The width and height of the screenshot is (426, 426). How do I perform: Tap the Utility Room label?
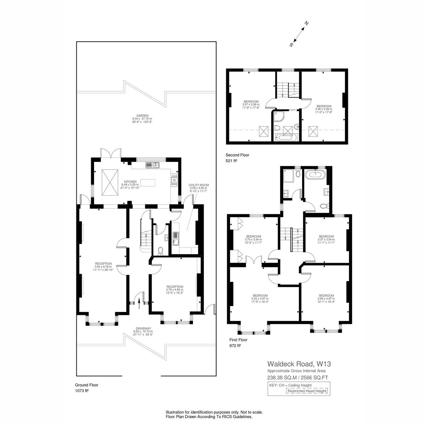pos(198,185)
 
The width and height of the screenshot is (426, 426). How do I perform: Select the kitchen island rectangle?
pos(148,183)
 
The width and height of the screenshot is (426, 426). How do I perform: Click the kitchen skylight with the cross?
pos(110,182)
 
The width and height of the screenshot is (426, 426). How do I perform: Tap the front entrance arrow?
pos(139,304)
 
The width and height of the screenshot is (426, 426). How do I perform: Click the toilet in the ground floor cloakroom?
pos(161,251)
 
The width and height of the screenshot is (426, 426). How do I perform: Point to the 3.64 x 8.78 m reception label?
pos(103,267)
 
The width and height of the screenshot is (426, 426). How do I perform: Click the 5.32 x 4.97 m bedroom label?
pos(260,299)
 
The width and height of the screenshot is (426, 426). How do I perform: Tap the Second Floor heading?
pos(237,155)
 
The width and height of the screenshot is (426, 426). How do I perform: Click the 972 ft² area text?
pos(235,345)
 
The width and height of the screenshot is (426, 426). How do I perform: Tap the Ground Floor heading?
pos(86,385)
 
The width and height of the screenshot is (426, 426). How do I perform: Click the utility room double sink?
pos(176,239)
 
